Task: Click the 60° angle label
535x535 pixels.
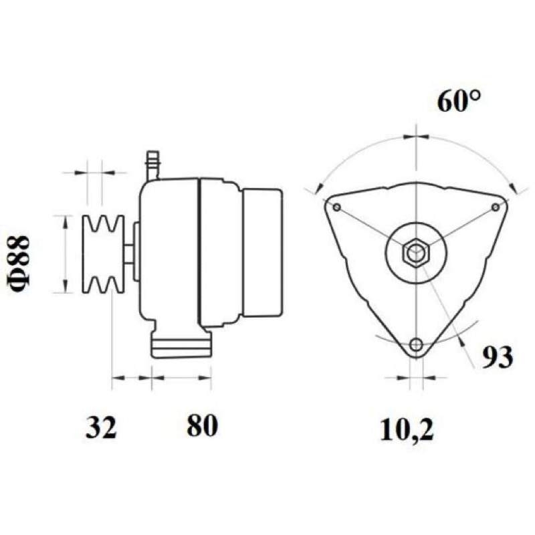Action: coord(459,102)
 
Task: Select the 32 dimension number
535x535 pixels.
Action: coord(101,426)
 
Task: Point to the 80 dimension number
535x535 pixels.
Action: coord(202,425)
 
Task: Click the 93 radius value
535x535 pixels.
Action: coord(497,357)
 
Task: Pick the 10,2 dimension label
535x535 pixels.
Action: coord(407,429)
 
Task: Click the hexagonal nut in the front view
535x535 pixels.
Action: coord(416,253)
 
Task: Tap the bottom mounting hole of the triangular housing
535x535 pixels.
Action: coord(416,344)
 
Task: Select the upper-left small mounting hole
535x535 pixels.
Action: coord(337,207)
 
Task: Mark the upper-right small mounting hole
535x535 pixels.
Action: coord(496,207)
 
